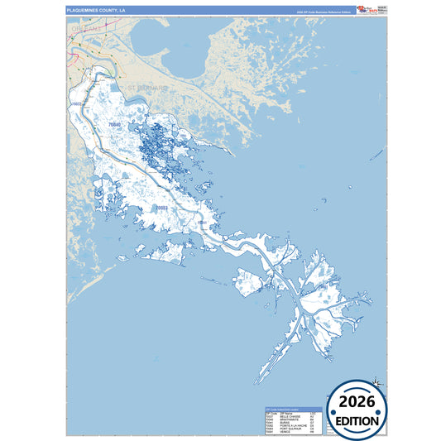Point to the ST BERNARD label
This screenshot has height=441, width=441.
pos(146,87)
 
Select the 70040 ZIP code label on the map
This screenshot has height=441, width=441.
pos(114,125)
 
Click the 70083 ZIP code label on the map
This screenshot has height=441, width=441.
pos(158,208)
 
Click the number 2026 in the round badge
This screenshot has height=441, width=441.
pos(358,404)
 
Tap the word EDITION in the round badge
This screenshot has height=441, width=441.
pos(358,420)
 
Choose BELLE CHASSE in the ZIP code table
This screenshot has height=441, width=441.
pos(290,416)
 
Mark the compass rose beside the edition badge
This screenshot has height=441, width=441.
pos(376,382)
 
